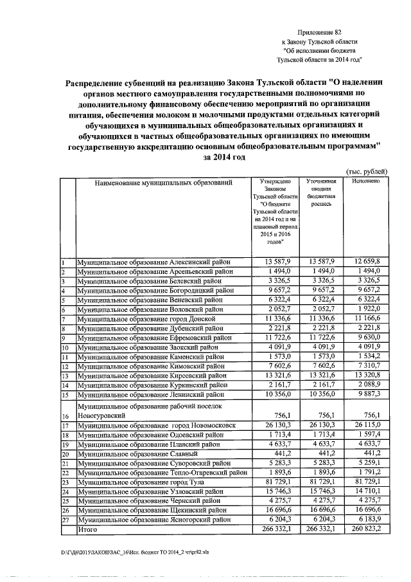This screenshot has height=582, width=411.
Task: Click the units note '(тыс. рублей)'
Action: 367,171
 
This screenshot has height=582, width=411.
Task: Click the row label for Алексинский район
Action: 154,262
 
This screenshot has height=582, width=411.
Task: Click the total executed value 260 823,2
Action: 366,529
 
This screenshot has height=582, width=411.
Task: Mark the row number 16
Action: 65,416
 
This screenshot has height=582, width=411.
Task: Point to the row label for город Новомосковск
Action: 156,426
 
